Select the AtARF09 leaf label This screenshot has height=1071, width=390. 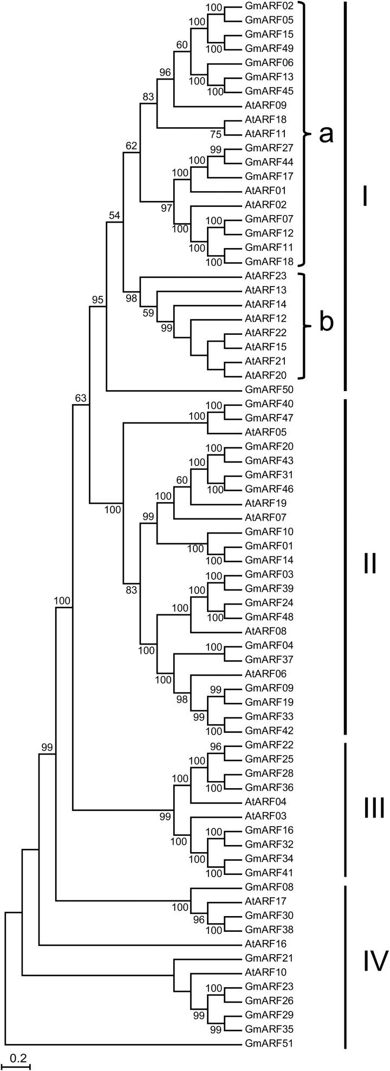tap(262, 105)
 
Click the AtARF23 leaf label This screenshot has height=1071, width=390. tap(262, 276)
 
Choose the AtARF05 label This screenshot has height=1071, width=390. tap(262, 432)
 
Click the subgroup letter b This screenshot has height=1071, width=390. tap(326, 323)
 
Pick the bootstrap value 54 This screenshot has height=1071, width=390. tap(114, 216)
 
